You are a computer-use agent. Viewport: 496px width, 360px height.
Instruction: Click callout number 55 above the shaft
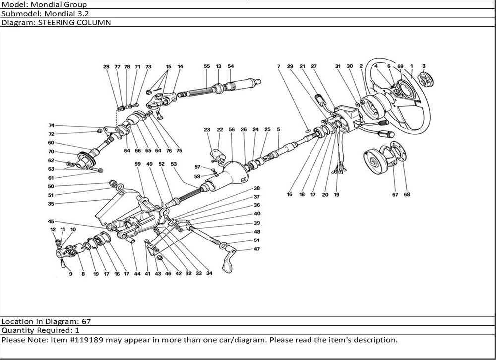207,66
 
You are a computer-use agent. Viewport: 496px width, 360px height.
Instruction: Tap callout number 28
106,66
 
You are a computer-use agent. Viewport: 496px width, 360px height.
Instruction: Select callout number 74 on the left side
52,126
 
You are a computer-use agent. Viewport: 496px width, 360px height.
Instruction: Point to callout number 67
395,195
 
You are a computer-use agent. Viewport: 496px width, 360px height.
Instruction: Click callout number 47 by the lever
257,249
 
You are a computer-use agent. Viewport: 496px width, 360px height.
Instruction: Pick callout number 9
70,274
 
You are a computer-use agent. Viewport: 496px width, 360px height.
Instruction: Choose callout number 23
207,130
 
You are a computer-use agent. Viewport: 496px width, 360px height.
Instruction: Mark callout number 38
257,188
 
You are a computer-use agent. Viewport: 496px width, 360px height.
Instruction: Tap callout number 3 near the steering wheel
423,66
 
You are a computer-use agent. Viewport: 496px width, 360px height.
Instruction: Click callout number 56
232,130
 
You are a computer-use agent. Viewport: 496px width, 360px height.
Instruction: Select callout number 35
51,203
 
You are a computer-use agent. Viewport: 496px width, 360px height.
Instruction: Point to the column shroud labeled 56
229,174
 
